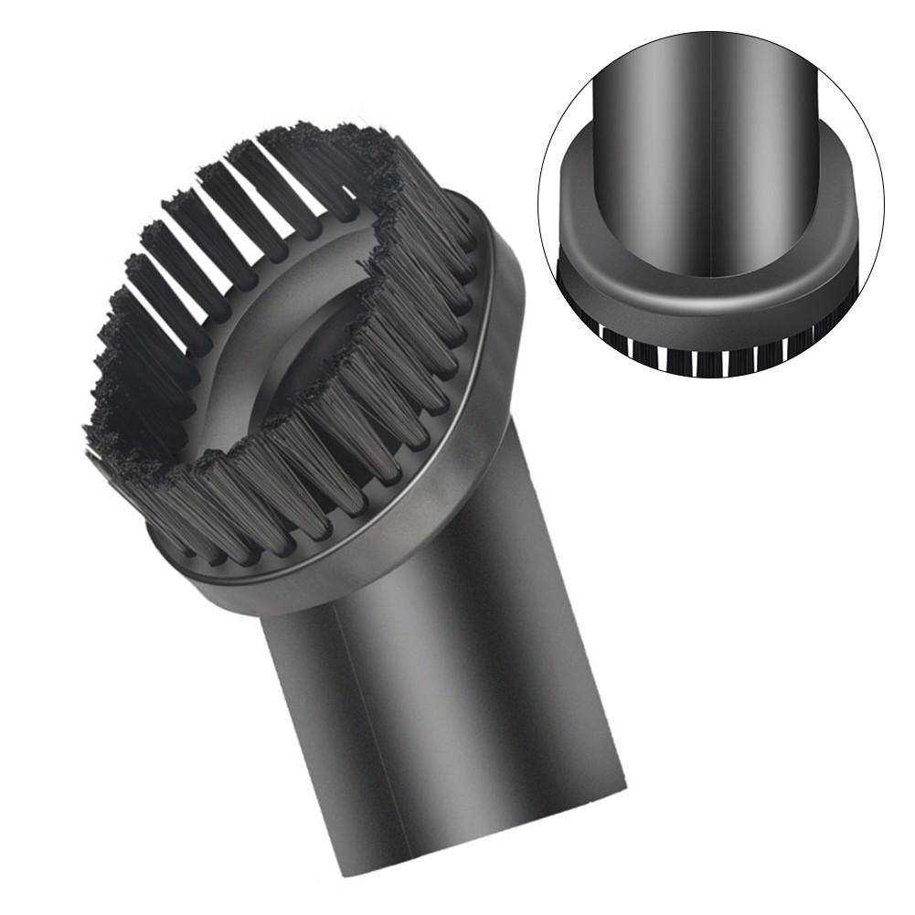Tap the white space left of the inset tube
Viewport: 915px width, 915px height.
pos(571,119)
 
